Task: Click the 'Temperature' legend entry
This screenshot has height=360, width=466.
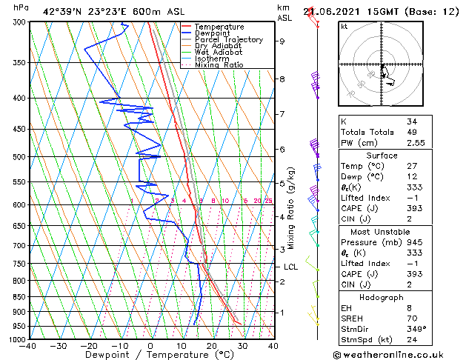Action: (219, 27)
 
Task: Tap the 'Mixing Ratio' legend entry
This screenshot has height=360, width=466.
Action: (219, 65)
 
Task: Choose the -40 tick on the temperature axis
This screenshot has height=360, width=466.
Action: (28, 345)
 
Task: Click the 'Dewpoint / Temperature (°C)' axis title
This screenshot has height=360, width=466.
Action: (150, 354)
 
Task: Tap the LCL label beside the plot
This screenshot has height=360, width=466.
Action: (290, 267)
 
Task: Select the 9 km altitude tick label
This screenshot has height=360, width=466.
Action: (282, 41)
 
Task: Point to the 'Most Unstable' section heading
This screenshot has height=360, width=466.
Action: (380, 231)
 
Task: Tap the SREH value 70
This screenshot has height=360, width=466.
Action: (411, 319)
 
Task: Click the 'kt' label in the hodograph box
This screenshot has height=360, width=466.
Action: (344, 27)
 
